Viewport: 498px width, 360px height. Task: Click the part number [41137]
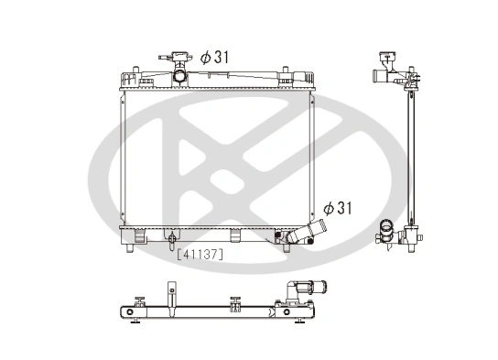pyautogui.click(x=199, y=256)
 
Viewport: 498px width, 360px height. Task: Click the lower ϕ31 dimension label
pyautogui.click(x=338, y=208)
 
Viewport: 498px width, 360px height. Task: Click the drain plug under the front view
pyautogui.click(x=171, y=243)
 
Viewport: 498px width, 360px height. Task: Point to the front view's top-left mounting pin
pyautogui.click(x=127, y=71)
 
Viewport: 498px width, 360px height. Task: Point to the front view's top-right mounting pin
pyautogui.click(x=286, y=71)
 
